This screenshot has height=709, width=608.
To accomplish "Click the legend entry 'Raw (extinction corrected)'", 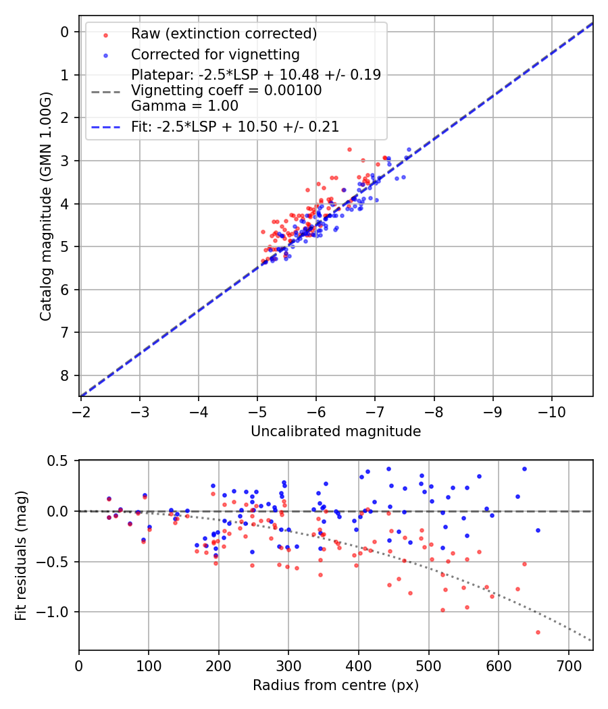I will coord(224,34).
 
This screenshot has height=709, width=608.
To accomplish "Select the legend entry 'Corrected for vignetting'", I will coord(215,54).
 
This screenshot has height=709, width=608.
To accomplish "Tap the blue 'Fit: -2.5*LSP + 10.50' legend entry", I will coord(235,126).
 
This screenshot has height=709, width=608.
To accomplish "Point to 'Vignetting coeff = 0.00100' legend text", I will coord(226,90).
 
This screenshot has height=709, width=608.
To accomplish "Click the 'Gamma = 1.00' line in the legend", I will coord(184,105).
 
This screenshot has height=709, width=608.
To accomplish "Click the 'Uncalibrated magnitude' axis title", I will coord(336,431).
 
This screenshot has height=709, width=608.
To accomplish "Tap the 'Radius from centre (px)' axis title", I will coord(336,685).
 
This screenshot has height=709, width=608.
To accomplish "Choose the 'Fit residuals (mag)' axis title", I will coord(21,555).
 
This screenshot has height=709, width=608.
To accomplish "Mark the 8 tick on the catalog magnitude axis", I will coord(65,375).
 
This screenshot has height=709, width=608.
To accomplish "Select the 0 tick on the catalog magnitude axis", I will coord(65,32).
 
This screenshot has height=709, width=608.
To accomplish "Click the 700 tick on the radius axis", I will coord(568,665).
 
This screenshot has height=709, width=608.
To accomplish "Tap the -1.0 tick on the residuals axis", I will coord(55,612).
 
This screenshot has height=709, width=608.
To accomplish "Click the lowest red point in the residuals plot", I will coord(538,632).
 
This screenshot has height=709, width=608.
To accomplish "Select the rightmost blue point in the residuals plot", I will coord(538,530).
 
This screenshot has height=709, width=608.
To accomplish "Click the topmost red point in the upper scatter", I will coord(349,149).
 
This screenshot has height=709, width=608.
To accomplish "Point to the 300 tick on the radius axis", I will coord(288,665).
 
